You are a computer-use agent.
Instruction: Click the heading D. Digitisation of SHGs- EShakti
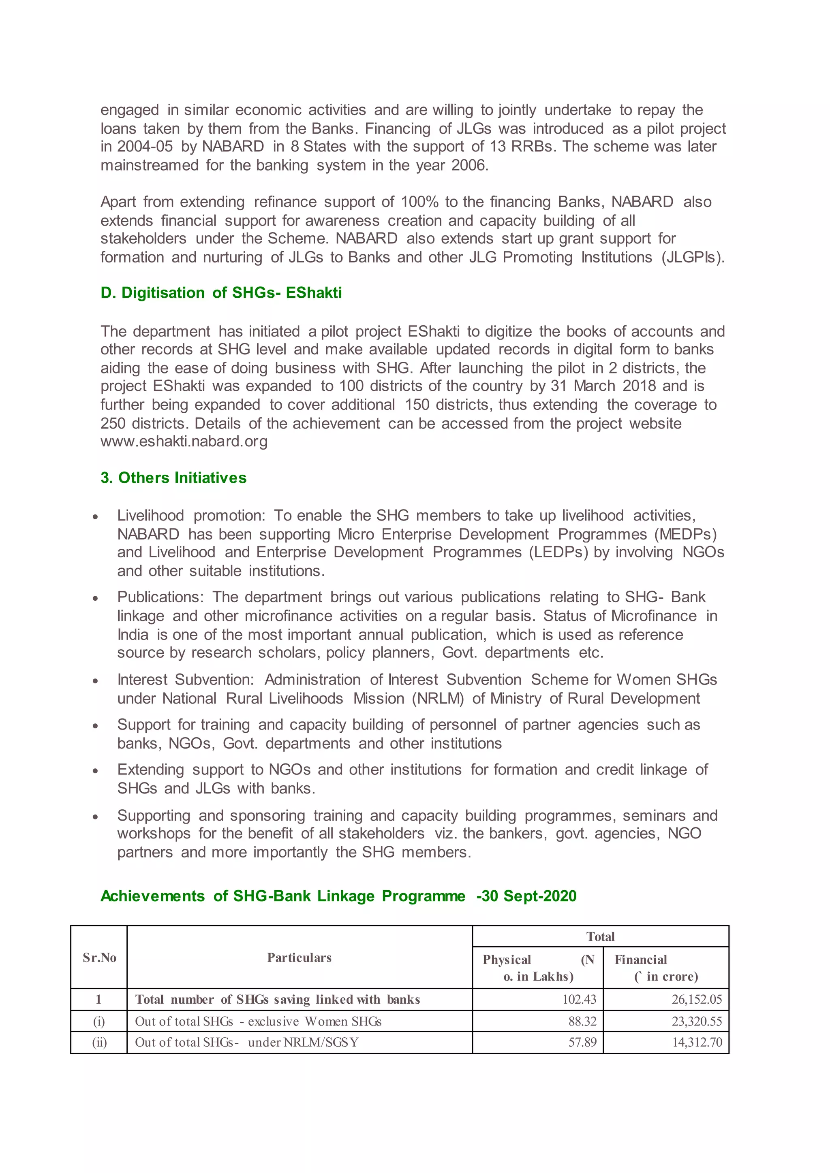pyautogui.click(x=221, y=293)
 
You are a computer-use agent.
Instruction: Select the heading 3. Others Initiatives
pyautogui.click(x=173, y=478)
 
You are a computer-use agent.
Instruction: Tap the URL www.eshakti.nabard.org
pyautogui.click(x=184, y=441)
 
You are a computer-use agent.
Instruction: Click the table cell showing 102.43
pyautogui.click(x=579, y=999)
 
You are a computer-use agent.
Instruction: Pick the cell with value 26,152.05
pyautogui.click(x=696, y=999)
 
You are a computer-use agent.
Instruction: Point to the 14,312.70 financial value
pyautogui.click(x=697, y=1042)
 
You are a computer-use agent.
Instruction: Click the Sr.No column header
pyautogui.click(x=99, y=958)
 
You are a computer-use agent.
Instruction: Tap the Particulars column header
pyautogui.click(x=299, y=958)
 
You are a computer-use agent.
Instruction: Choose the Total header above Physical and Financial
pyautogui.click(x=600, y=936)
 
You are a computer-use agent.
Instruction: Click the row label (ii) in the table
pyautogui.click(x=99, y=1042)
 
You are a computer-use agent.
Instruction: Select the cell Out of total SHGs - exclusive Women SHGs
pyautogui.click(x=258, y=1021)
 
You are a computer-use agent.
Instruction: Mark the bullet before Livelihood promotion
pyautogui.click(x=95, y=517)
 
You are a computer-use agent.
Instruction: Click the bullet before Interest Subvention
pyautogui.click(x=95, y=681)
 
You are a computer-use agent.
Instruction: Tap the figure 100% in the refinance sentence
pyautogui.click(x=419, y=202)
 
